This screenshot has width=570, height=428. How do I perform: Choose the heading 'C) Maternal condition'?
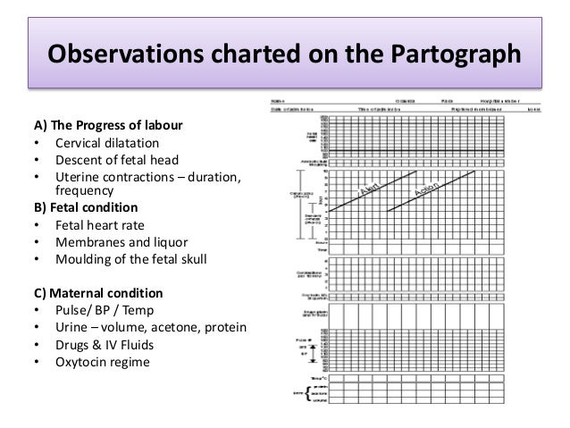[x=88, y=293]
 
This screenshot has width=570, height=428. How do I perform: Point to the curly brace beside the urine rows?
[x=309, y=393]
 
